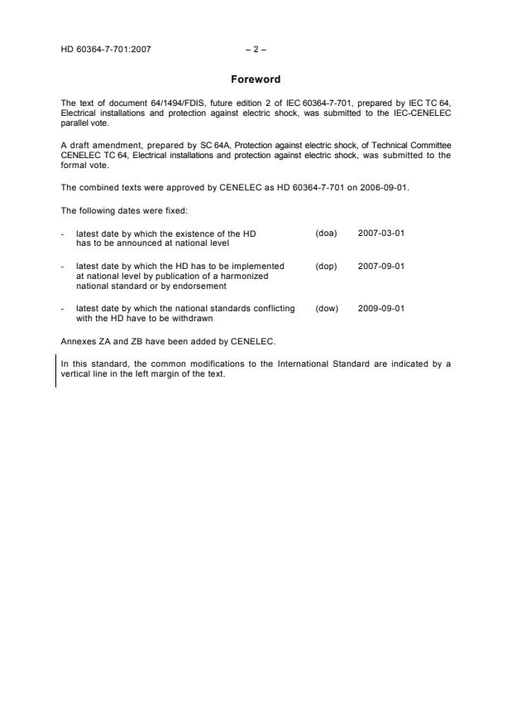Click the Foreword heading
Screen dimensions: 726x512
click(x=255, y=79)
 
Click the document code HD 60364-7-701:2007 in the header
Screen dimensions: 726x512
click(x=106, y=49)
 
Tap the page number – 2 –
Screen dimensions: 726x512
click(x=256, y=49)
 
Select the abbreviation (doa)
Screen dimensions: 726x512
click(x=326, y=233)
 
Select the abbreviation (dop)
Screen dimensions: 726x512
click(x=326, y=266)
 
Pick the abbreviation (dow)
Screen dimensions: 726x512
click(x=327, y=308)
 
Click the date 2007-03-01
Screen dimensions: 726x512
click(x=381, y=233)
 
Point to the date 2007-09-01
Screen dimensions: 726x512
click(x=381, y=266)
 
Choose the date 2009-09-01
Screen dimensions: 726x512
click(x=381, y=308)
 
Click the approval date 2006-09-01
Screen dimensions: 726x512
click(x=383, y=187)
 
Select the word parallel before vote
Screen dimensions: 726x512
click(x=74, y=122)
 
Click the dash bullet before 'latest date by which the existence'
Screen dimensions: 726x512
click(x=64, y=233)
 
